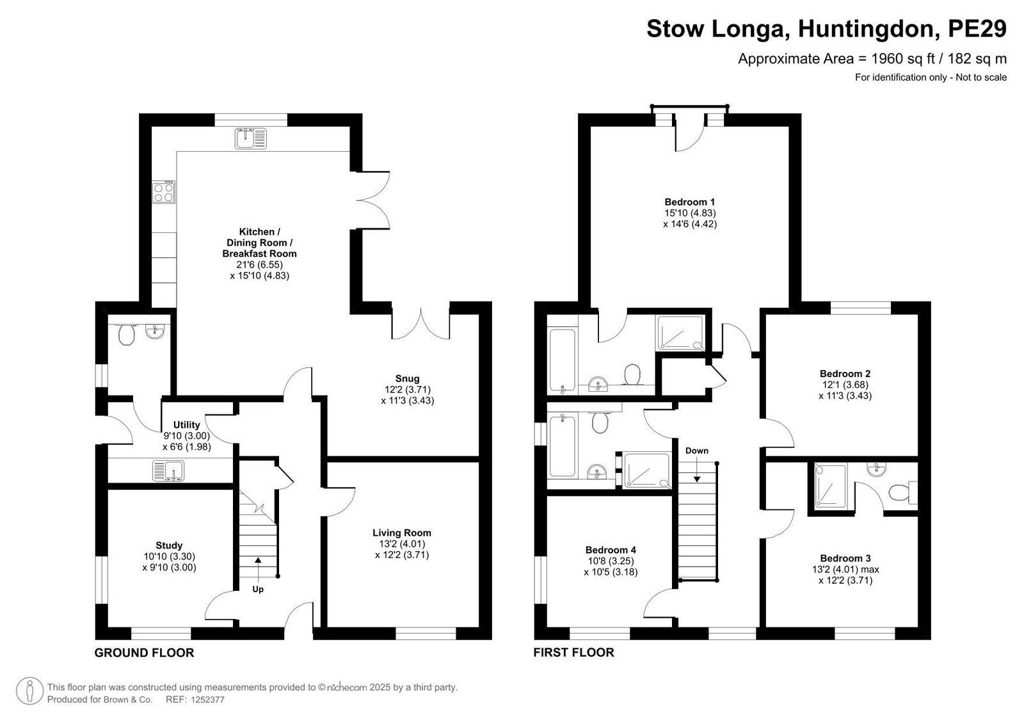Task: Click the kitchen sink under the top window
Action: tap(250, 138)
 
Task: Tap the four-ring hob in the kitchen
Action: tap(164, 193)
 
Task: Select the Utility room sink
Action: tap(168, 471)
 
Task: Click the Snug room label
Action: tap(407, 378)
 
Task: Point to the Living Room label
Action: tap(402, 533)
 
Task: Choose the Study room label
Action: tap(169, 545)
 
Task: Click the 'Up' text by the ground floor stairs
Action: tap(258, 589)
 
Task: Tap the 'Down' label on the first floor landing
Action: tap(697, 451)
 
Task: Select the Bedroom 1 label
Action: tap(690, 202)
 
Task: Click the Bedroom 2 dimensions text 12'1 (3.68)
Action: tap(845, 385)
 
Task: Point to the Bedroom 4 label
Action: tap(611, 550)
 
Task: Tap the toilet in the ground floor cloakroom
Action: tap(126, 334)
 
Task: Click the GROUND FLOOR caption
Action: tap(145, 653)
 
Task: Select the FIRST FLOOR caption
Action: tap(573, 652)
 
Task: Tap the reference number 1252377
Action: tap(207, 699)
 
